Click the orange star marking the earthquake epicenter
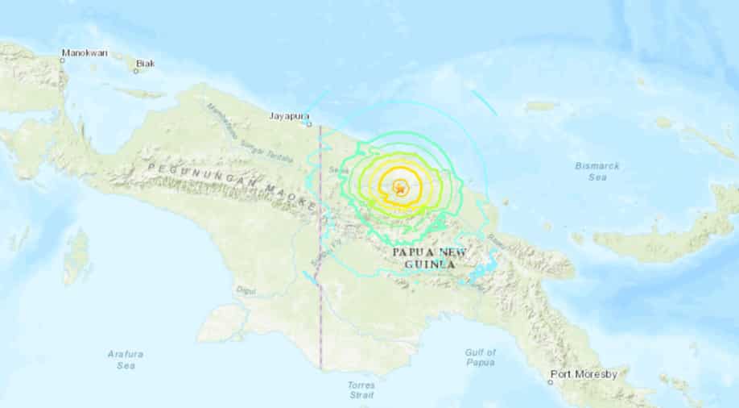[x=400, y=189]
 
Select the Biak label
[x=145, y=62]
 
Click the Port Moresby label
[x=583, y=374]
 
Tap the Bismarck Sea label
[x=596, y=171]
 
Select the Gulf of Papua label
[x=481, y=358]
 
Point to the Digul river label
[x=245, y=289]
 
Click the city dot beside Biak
[x=135, y=70]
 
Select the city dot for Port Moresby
[x=552, y=374]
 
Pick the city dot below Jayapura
[x=309, y=124]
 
